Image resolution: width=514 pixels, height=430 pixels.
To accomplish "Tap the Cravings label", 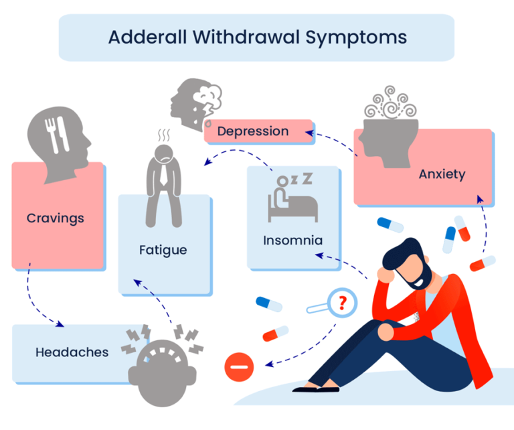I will pyautogui.click(x=56, y=218).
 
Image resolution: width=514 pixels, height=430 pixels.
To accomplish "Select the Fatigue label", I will pyautogui.click(x=163, y=250).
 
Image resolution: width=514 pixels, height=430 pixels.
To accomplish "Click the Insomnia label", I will pyautogui.click(x=292, y=240).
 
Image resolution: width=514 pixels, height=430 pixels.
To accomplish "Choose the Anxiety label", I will pyautogui.click(x=442, y=174).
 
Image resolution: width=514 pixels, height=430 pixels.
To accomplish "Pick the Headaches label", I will pyautogui.click(x=72, y=352).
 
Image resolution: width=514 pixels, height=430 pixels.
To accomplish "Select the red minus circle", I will pyautogui.click(x=239, y=366).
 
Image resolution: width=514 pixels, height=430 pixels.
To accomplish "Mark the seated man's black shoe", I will pyautogui.click(x=316, y=388).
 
